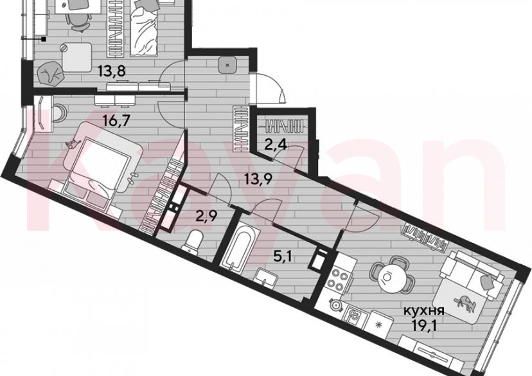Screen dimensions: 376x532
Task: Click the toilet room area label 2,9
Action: point(206,215)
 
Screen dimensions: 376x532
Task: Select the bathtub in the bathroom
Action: point(238,246)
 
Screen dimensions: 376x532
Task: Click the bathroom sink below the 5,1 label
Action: point(267,277)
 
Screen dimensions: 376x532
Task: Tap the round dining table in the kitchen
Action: point(390,277)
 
